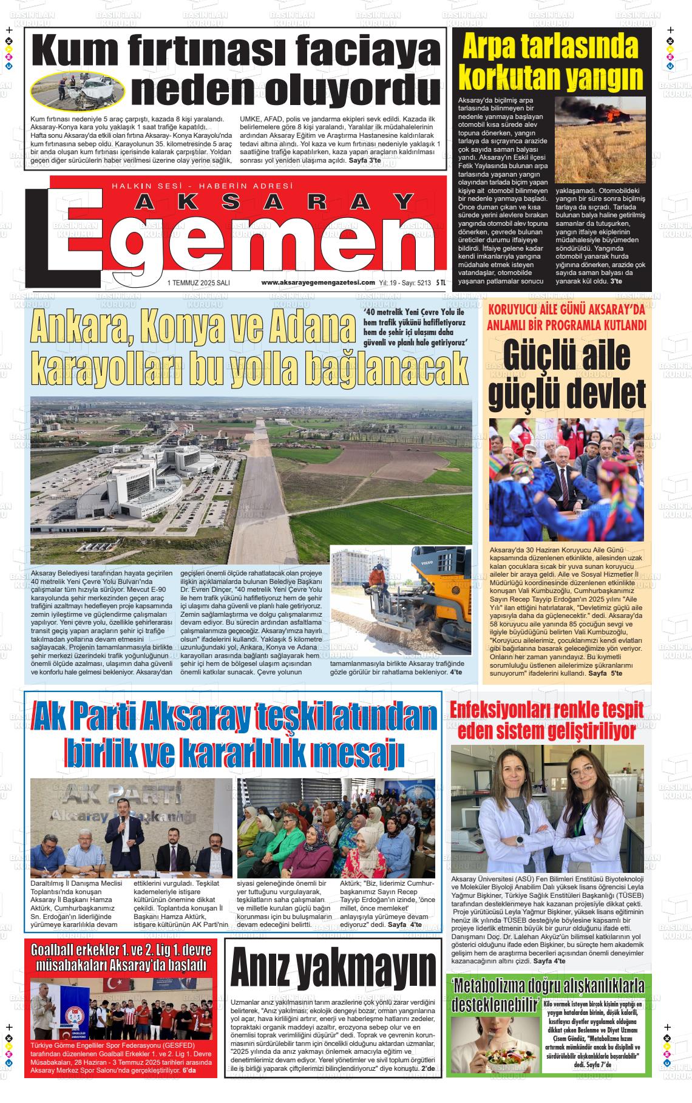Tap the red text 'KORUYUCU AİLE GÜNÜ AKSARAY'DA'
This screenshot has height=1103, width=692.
coord(566,309)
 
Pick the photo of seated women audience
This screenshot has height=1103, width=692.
coord(336,828)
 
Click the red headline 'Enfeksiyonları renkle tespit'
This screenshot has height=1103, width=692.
coord(551,710)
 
